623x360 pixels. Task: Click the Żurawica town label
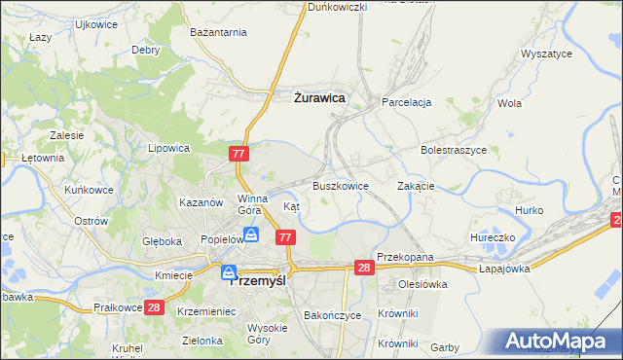pos(319,97)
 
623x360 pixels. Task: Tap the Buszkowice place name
pos(340,185)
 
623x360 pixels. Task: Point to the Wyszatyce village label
pos(546,54)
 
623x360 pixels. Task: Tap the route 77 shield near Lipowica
pos(240,154)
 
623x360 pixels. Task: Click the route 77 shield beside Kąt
pos(285,237)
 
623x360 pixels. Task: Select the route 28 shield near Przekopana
pos(364,268)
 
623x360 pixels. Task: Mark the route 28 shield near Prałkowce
pos(154,307)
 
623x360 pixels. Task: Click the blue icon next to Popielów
pos(251,234)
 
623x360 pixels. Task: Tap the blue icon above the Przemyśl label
pos(229,272)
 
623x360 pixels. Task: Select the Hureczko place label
pos(492,236)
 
